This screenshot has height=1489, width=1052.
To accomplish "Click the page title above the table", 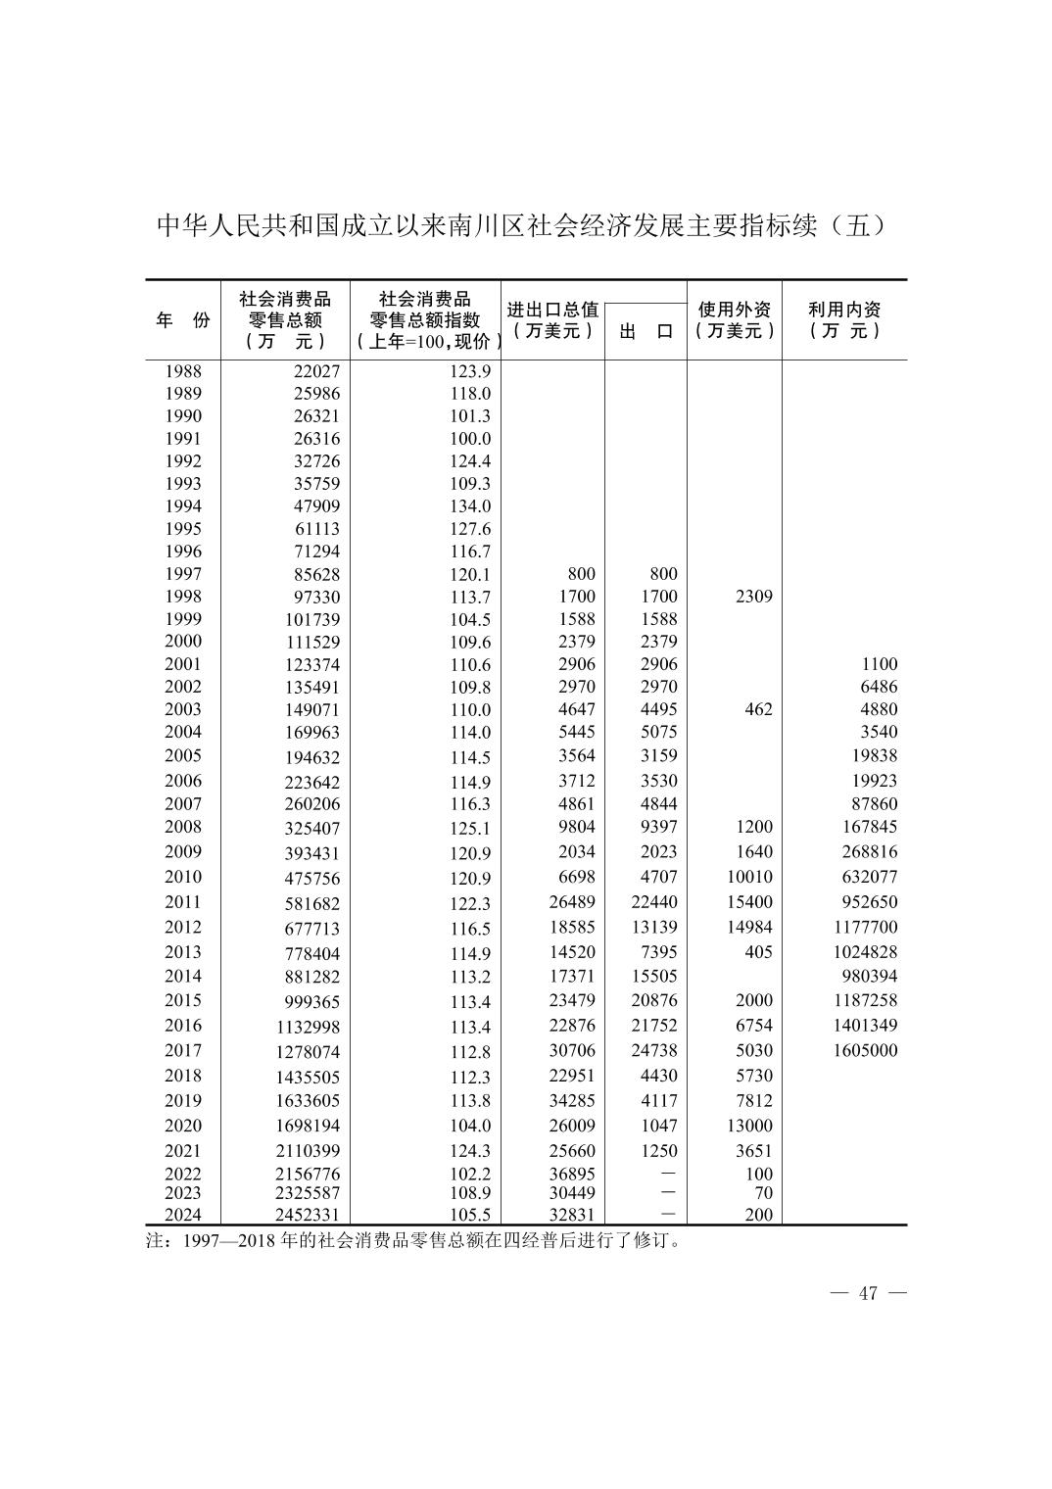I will [525, 225].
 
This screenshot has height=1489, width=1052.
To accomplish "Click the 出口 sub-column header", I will [646, 331].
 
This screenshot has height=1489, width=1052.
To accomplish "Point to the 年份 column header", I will [183, 320].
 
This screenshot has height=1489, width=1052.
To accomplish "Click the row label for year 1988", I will [183, 371].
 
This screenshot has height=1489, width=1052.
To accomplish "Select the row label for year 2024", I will [183, 1215].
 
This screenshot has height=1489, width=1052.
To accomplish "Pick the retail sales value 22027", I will [316, 371].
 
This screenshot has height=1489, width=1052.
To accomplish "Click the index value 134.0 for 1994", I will [469, 506].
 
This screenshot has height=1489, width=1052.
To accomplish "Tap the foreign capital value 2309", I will [753, 597].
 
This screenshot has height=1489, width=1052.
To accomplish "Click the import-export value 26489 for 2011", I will [572, 902].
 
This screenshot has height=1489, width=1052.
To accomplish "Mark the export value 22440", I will [653, 902].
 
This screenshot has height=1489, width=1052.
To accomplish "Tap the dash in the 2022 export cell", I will [668, 1174].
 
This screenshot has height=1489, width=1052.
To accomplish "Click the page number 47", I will [868, 1293].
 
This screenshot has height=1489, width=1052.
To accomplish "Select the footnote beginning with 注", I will [412, 1241].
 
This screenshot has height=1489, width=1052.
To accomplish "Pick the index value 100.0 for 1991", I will [469, 439].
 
